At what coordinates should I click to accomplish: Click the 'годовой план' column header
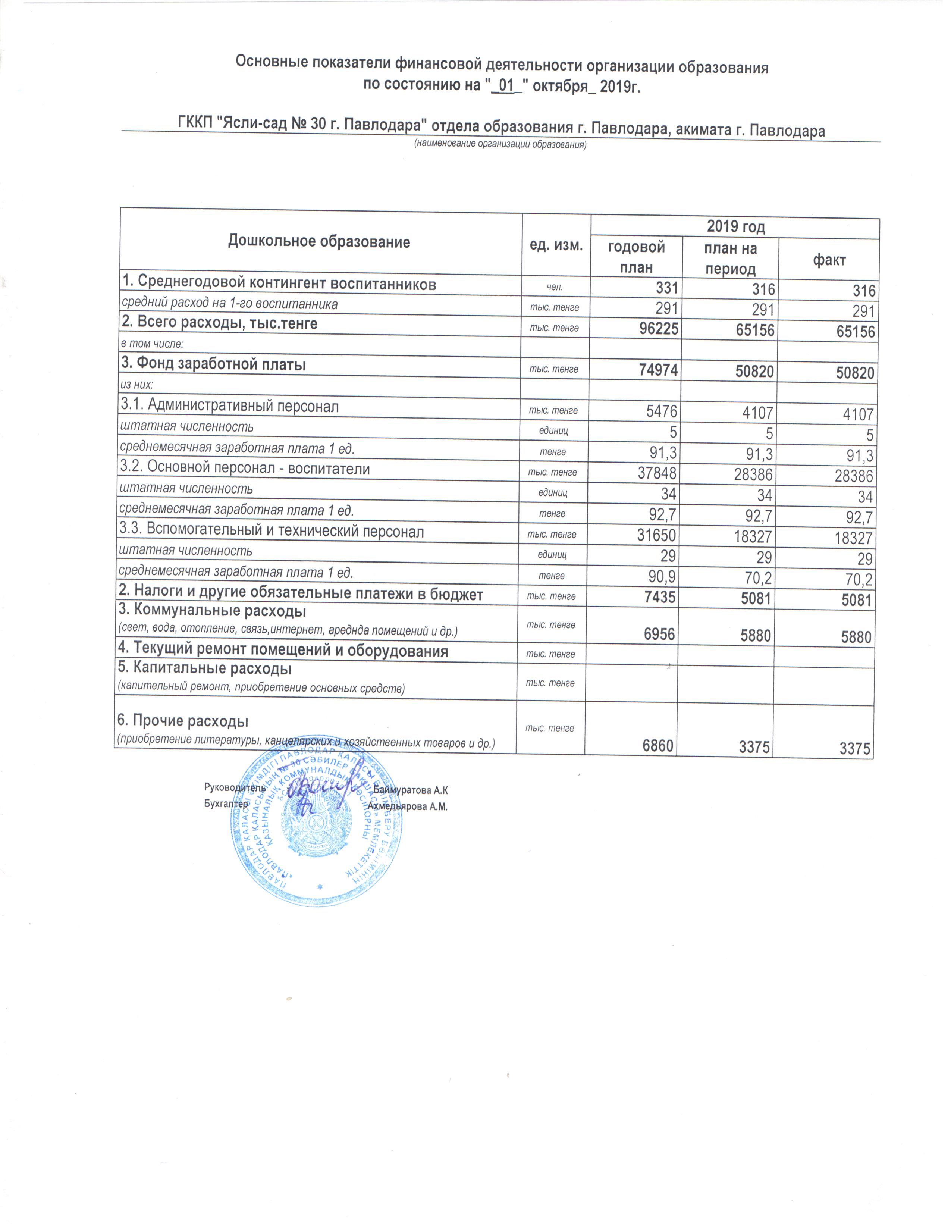click(636, 257)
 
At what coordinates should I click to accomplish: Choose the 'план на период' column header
click(730, 258)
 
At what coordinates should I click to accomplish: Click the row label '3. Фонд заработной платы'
click(214, 365)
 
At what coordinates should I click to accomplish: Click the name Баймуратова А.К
click(410, 790)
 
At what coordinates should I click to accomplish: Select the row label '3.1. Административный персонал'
click(230, 406)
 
